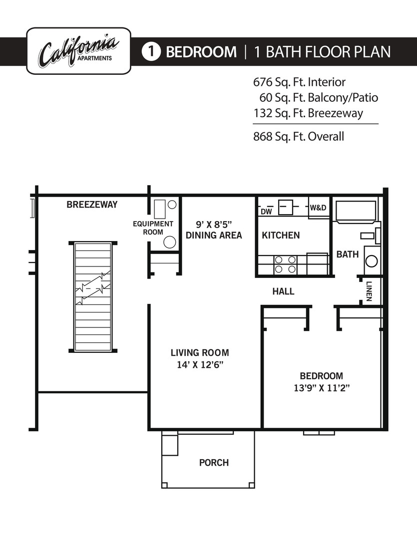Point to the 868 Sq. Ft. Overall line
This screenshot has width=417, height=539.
click(x=299, y=136)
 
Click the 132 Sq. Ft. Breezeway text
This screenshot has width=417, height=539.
click(x=308, y=113)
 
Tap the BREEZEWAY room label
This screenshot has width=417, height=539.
click(x=92, y=205)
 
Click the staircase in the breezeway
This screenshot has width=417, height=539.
click(x=93, y=297)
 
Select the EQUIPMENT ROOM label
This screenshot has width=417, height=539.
click(x=153, y=228)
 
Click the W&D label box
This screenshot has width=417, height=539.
click(x=318, y=207)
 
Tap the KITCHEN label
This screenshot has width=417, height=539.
click(x=281, y=235)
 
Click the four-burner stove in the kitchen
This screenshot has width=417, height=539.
click(x=285, y=265)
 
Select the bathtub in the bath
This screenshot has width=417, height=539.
click(x=356, y=212)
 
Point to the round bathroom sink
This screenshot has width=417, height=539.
click(x=372, y=261)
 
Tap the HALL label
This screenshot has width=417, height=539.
click(x=283, y=291)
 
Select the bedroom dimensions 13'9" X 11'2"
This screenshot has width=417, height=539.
click(x=321, y=388)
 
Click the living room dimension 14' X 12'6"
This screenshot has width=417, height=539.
click(x=200, y=365)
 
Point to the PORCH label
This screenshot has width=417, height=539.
click(x=214, y=463)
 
